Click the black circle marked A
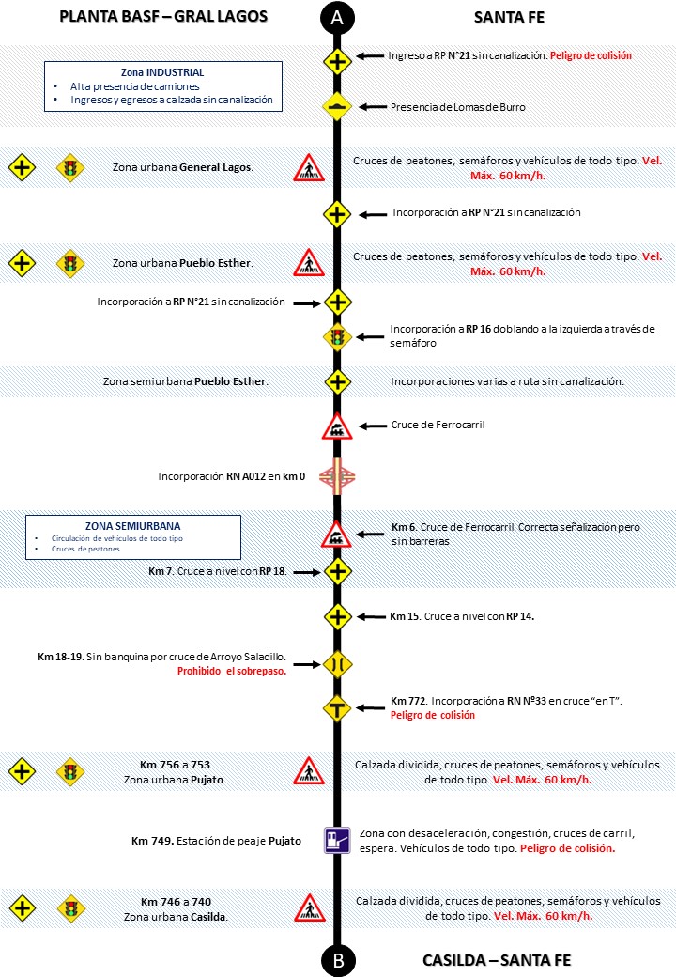pos(337,17)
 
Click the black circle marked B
pos(337,960)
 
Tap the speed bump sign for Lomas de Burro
pos(337,107)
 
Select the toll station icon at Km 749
pos(337,839)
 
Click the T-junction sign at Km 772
pos(337,707)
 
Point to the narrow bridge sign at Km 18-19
pos(337,664)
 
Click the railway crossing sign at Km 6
pos(337,534)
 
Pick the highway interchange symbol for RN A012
pos(337,476)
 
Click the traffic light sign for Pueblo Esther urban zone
pos(69,264)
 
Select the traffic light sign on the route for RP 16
pos(337,336)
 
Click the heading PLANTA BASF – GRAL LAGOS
pos(163,17)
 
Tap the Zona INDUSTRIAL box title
pos(162,72)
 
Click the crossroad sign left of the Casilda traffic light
pos(23,908)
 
